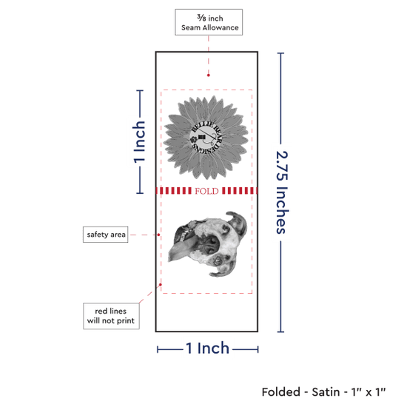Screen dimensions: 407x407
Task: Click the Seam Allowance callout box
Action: point(209,22)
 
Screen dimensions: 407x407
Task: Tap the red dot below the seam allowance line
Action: point(209,75)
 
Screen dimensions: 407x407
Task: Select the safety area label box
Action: point(105,235)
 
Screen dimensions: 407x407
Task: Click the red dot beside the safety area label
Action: point(158,235)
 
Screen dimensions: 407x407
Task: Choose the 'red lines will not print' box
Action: point(111,316)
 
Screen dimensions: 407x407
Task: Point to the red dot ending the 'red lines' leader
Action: point(161,285)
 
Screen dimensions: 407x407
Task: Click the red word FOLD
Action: point(206,191)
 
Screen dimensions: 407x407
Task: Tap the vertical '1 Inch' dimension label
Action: point(139,142)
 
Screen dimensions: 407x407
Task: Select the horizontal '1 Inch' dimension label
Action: point(207,348)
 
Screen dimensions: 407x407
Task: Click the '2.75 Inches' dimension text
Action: point(282,192)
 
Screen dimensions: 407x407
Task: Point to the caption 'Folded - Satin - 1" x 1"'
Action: point(323,391)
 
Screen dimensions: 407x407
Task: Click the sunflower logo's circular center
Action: point(206,138)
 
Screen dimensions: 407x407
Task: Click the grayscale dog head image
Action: point(208,244)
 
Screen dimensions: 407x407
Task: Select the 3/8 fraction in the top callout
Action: point(201,18)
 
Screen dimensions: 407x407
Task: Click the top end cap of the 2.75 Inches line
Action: point(280,53)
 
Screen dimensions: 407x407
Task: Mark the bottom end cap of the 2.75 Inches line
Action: point(280,332)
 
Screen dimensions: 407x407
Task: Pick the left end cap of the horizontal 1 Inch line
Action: point(158,349)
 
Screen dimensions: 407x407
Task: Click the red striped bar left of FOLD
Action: point(174,191)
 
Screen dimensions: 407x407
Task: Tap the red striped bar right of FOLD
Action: point(240,191)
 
